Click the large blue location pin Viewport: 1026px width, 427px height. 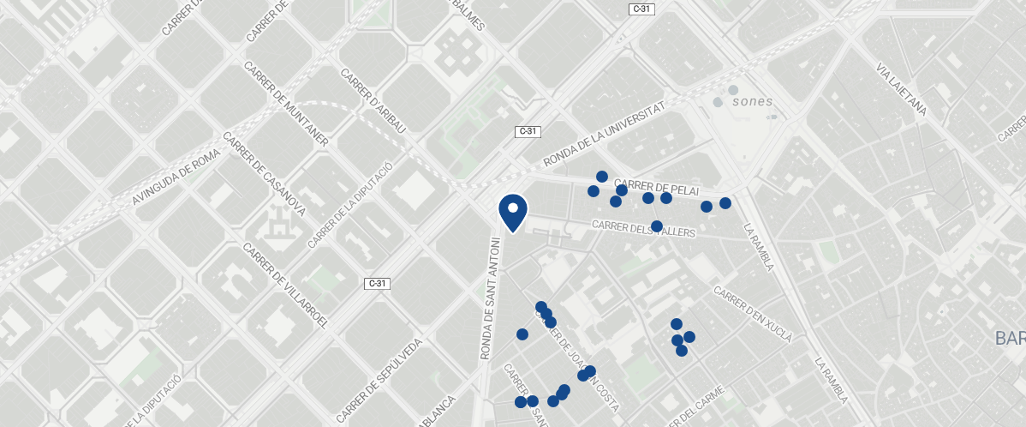(x=512, y=212)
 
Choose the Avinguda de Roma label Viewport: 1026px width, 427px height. (x=176, y=175)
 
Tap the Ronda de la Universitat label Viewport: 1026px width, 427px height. (x=604, y=135)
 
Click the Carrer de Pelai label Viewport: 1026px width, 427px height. (x=657, y=188)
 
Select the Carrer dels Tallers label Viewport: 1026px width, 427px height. (x=643, y=228)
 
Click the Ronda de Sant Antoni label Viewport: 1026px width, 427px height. (x=490, y=298)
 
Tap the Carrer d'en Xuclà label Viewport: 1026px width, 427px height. (x=752, y=311)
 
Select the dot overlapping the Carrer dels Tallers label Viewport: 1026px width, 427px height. (x=657, y=226)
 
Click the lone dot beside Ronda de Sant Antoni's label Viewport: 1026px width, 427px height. (x=522, y=334)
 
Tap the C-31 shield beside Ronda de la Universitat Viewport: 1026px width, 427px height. (x=528, y=131)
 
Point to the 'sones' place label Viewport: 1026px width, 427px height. (x=753, y=101)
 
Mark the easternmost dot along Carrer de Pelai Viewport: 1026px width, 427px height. (x=725, y=203)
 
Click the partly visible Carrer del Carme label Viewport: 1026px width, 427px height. (x=700, y=408)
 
